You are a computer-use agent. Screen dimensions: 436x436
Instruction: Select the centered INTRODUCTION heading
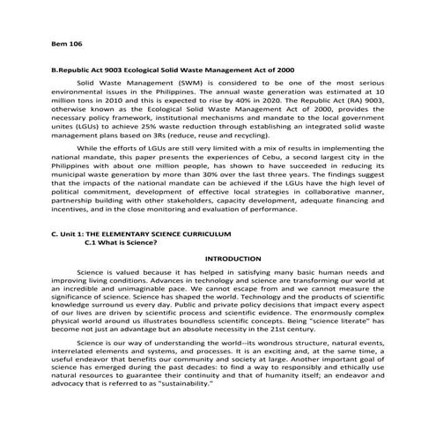(233, 259)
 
